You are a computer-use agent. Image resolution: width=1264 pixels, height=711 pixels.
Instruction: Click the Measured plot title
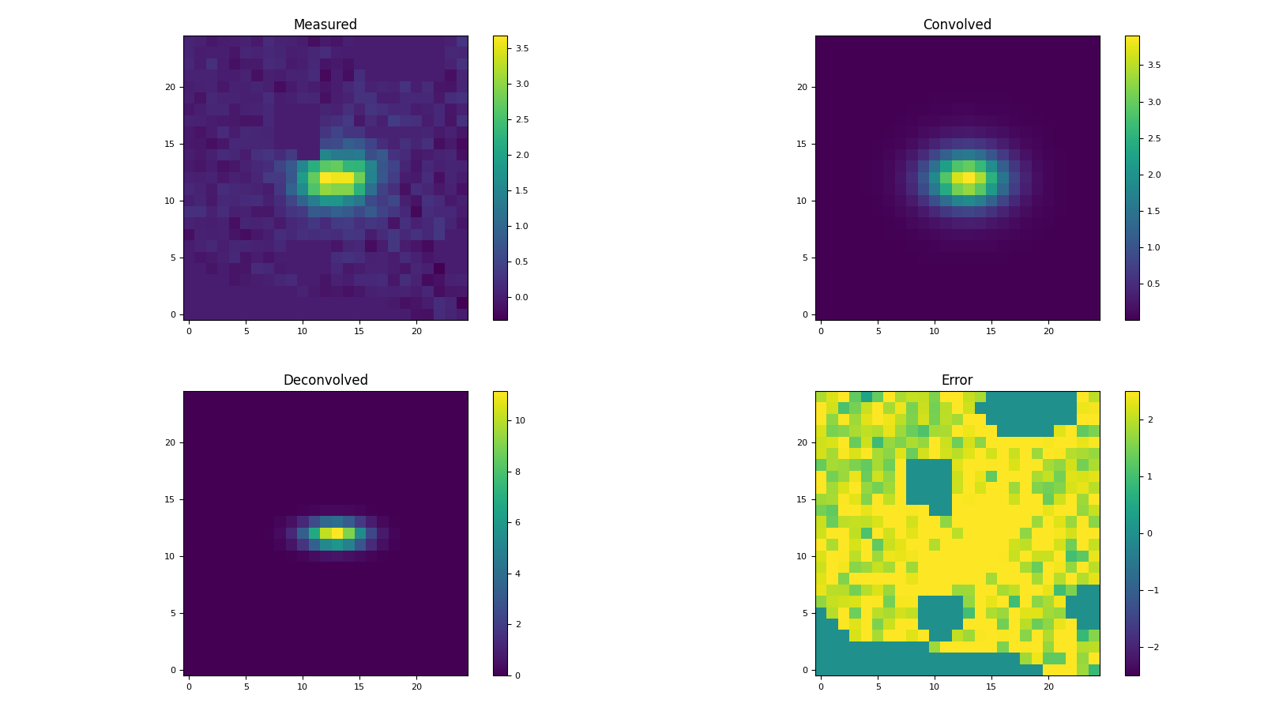325,24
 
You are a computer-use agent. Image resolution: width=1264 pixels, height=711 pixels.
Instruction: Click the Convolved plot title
957,24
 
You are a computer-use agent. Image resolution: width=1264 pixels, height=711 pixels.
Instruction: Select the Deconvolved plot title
325,380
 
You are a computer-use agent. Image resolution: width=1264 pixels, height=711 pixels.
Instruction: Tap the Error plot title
957,380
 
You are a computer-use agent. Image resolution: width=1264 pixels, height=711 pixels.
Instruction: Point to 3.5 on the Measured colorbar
522,48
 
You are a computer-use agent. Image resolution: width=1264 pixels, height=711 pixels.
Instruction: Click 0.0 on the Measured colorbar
522,297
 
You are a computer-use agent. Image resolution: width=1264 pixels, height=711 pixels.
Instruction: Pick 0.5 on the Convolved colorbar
1154,284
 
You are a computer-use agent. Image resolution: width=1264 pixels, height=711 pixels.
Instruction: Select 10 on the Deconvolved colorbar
521,420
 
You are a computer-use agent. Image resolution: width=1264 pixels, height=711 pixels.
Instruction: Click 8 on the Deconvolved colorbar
518,472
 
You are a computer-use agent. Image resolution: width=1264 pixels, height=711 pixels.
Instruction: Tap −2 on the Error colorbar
1152,647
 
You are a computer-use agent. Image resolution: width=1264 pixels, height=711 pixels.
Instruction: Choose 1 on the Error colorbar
1149,476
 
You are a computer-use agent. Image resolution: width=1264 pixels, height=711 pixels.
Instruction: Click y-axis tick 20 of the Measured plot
169,87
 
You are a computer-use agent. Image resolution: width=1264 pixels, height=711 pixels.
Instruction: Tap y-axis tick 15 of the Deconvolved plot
169,499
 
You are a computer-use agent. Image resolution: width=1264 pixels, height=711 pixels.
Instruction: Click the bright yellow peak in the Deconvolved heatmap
337,533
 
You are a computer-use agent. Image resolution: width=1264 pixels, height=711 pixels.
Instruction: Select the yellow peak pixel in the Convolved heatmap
969,178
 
